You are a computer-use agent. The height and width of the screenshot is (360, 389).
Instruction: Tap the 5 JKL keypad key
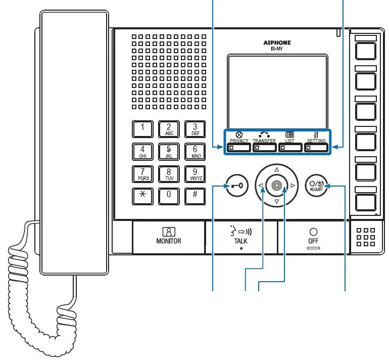pyautogui.click(x=169, y=152)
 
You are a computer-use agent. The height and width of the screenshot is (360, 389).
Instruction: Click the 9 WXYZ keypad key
pyautogui.click(x=195, y=174)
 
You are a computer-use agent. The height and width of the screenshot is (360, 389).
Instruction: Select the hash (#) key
pyautogui.click(x=195, y=196)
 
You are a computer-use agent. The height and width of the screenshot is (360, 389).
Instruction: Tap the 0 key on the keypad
pyautogui.click(x=169, y=196)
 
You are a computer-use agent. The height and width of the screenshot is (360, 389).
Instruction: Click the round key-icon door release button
pyautogui.click(x=237, y=186)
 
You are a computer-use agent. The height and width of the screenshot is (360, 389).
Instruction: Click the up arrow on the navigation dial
pyautogui.click(x=276, y=169)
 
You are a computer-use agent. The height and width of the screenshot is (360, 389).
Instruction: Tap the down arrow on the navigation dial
pyautogui.click(x=276, y=202)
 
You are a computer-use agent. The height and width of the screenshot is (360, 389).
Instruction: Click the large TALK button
pyautogui.click(x=241, y=237)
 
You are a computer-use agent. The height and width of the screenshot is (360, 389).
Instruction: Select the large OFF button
pyautogui.click(x=313, y=237)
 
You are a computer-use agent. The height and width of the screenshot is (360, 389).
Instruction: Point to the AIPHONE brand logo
pyautogui.click(x=277, y=43)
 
